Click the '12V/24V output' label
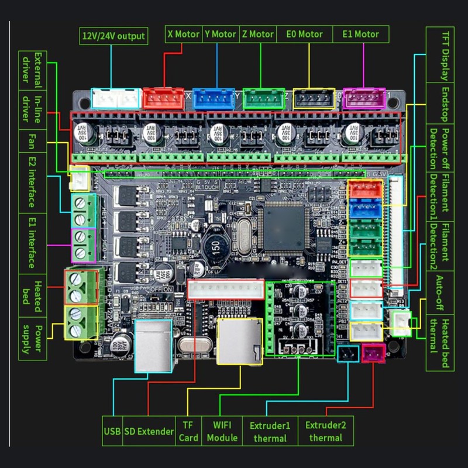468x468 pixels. pos(113,36)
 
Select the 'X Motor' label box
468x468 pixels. pos(184,34)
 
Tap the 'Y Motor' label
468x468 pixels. pos(221,34)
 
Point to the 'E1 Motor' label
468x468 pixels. pos(360,34)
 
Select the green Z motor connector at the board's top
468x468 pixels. pos(263,99)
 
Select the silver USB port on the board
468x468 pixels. pos(153,346)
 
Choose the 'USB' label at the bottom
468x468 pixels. pos(112,431)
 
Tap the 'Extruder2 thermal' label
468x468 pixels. pos(326,431)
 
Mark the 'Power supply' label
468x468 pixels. pos(32,339)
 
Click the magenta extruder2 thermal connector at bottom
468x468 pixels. pos(373,353)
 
